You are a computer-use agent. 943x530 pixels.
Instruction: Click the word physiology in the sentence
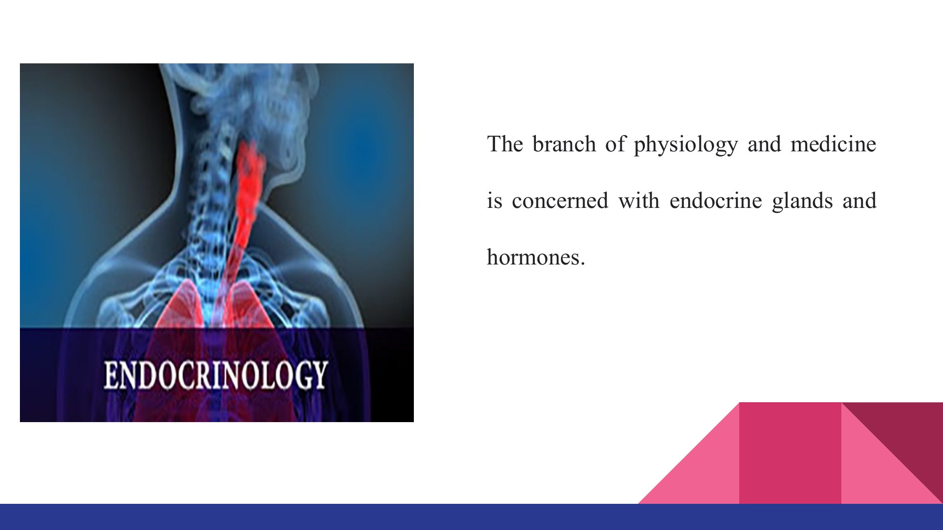pos(685,145)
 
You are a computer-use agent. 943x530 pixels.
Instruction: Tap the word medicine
pos(833,144)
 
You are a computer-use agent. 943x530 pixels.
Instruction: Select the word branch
pos(564,144)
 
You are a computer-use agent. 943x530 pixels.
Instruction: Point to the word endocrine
pos(716,201)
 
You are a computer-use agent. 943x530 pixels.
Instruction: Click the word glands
pos(802,202)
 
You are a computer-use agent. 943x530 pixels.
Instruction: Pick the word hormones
pos(535,258)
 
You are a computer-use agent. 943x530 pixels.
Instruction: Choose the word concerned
pos(560,201)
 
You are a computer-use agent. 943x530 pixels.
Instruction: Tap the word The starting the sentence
pos(505,144)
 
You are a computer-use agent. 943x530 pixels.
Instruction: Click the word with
pos(639,201)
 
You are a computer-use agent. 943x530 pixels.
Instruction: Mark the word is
pos(494,201)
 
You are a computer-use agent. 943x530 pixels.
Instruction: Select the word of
pos(615,144)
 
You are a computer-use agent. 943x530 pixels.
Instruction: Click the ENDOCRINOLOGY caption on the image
pos(215,375)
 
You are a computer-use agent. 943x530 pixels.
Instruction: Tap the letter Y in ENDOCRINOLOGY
pos(319,375)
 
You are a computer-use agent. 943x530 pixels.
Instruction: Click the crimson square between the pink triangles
pos(790,453)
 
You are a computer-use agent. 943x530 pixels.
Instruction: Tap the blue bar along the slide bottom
pos(471,517)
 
